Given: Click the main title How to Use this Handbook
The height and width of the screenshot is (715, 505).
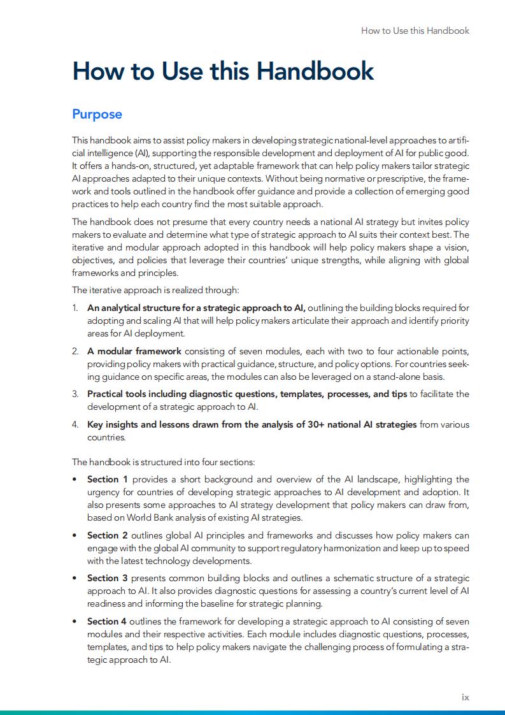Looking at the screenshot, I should (223, 71).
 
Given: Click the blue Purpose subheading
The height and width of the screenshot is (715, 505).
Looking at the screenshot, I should (97, 115).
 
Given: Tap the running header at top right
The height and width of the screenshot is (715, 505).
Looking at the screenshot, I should (415, 31).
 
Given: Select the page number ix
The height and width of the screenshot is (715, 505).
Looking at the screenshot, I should (465, 697).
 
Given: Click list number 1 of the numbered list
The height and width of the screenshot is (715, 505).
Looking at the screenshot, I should (75, 308).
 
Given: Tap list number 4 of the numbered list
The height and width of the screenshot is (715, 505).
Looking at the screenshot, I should (75, 424).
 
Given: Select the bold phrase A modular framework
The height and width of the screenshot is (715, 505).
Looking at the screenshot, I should (134, 351).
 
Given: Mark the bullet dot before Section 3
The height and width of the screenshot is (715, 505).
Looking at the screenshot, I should (75, 579).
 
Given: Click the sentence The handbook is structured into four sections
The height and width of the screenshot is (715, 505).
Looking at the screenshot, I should (163, 462).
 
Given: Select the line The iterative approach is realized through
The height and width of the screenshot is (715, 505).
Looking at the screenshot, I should (155, 291).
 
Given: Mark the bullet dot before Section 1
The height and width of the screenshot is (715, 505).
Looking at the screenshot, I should (75, 479).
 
